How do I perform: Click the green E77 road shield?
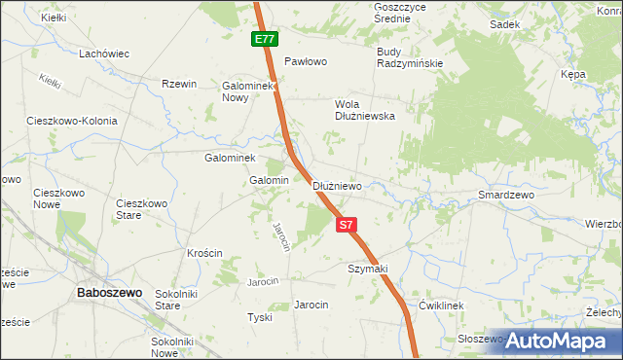(x=264, y=39)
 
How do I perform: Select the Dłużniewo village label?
(x=338, y=185)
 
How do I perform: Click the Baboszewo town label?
(x=111, y=292)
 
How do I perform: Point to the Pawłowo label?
(x=305, y=60)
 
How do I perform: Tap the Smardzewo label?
(x=507, y=195)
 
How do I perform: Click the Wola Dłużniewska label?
(x=364, y=109)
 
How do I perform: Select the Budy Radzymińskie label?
(x=410, y=57)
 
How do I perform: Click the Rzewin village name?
(x=179, y=84)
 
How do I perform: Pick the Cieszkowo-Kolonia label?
(x=72, y=122)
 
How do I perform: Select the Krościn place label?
(x=204, y=253)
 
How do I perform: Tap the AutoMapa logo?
(x=563, y=341)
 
